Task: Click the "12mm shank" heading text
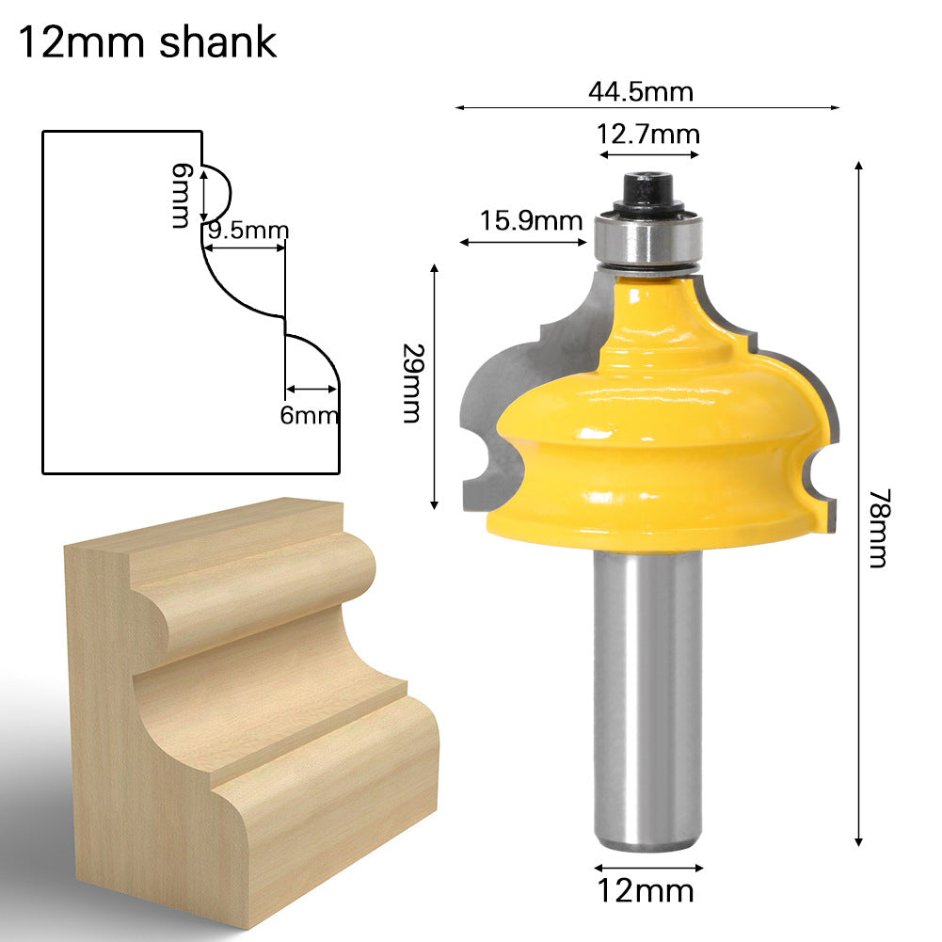(148, 42)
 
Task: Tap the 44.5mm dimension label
(640, 91)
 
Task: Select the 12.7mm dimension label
(648, 135)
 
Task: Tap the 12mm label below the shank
(647, 889)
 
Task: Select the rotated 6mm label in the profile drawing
(181, 195)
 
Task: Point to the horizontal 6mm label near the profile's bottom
(308, 414)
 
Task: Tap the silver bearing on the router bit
(648, 239)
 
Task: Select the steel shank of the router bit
(647, 696)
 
